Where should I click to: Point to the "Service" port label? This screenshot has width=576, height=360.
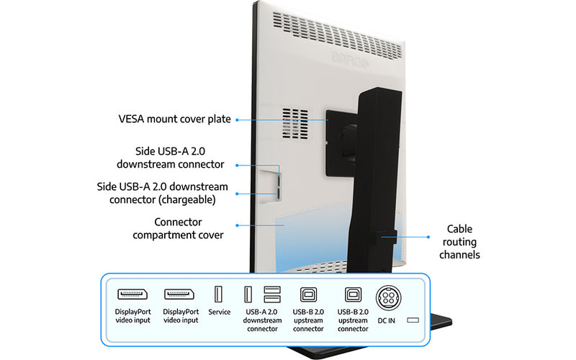219,312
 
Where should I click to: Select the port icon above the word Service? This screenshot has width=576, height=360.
219,294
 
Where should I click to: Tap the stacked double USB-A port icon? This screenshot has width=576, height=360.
271,294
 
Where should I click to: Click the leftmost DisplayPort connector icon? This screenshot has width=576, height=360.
133,294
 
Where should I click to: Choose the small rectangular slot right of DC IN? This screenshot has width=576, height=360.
413,320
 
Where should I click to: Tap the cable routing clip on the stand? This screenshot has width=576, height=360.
387,237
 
